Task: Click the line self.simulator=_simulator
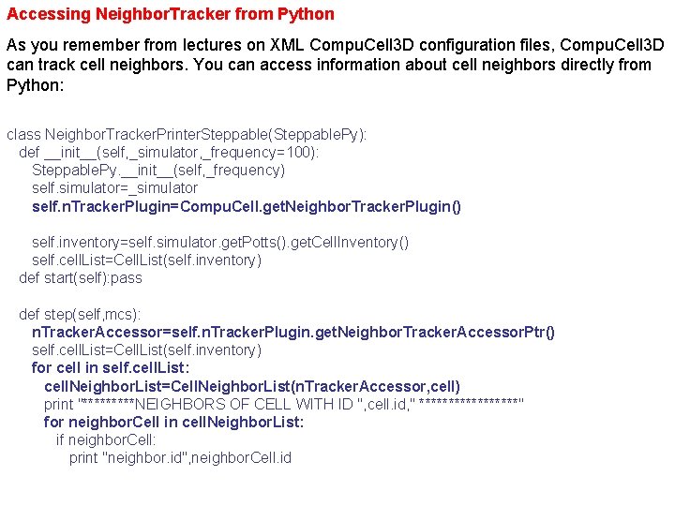(x=114, y=188)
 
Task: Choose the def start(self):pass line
(x=81, y=277)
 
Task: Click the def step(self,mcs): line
(x=86, y=314)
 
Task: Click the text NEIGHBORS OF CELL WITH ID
(x=243, y=404)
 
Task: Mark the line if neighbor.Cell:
(x=106, y=439)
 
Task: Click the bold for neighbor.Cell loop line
(x=173, y=422)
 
